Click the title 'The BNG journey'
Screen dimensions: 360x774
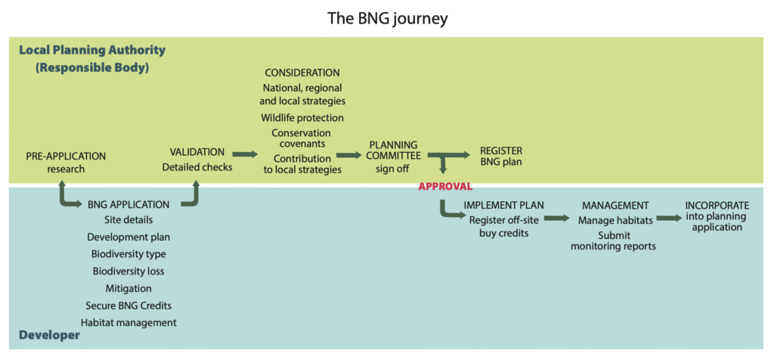387,18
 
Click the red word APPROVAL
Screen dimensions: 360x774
445,185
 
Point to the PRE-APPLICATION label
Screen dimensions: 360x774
66,156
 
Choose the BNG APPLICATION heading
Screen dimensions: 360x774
128,204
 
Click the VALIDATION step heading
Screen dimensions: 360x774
197,152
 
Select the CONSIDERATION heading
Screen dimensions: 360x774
302,73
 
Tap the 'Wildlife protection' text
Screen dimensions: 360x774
302,118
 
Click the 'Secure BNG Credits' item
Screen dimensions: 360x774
128,306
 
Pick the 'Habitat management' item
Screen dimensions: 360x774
128,322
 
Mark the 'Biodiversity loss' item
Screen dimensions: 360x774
128,271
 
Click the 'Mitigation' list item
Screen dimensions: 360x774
128,288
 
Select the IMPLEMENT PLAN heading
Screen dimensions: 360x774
503,205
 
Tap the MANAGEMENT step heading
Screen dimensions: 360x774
615,205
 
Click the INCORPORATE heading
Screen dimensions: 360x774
717,205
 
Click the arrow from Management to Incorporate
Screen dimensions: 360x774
669,218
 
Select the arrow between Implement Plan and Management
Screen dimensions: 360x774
556,218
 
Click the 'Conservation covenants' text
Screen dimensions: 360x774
302,138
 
